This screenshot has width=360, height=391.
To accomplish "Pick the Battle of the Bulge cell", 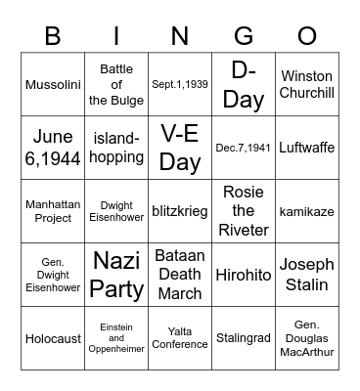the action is pos(116,84).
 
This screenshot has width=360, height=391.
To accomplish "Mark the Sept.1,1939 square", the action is pos(180,84).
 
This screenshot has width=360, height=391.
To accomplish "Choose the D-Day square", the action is pos(244,84).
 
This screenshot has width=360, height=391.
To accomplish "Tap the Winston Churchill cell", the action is pos(306,84).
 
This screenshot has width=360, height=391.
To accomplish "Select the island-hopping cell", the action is pos(116,148).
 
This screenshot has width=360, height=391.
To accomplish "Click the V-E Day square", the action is pos(180,148).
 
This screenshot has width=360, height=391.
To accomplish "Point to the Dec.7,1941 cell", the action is pos(244,148).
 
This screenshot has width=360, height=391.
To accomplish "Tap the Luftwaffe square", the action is pos(306,148).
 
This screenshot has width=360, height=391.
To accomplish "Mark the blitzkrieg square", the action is pos(180,211).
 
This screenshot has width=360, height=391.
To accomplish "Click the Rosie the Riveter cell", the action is pos(244,211).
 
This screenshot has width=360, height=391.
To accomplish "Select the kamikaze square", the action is pos(306,211).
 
